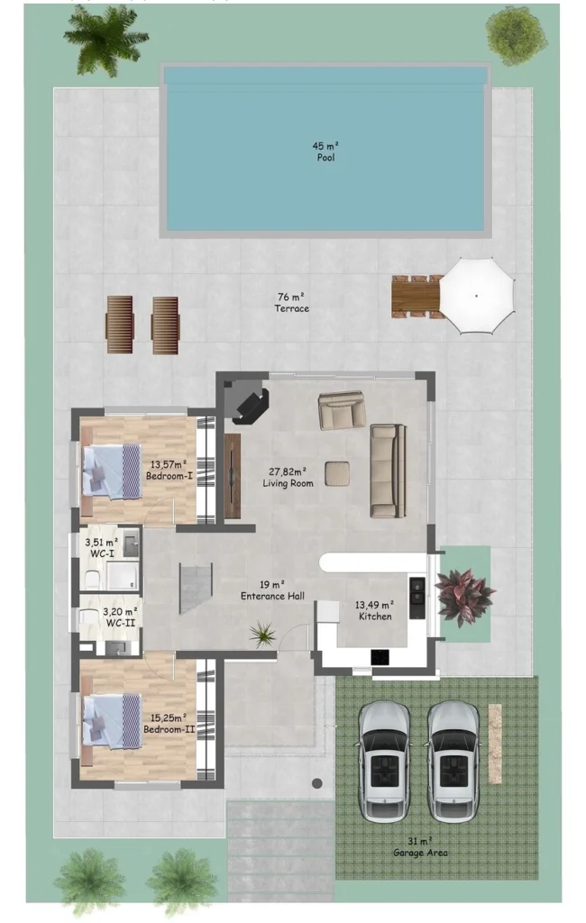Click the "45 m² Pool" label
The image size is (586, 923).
pyautogui.click(x=325, y=151)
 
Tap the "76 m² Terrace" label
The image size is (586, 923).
pyautogui.click(x=291, y=303)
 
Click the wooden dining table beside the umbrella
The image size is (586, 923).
pyautogui.click(x=416, y=296)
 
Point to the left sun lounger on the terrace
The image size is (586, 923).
pyautogui.click(x=120, y=324)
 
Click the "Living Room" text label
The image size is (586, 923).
pyautogui.click(x=288, y=484)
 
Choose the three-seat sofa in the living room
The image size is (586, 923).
pyautogui.click(x=388, y=470)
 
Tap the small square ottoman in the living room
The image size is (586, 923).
pyautogui.click(x=338, y=472)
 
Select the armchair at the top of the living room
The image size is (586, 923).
pyautogui.click(x=342, y=410)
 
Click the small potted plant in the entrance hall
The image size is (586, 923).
pyautogui.click(x=264, y=635)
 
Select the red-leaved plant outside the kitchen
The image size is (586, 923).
pyautogui.click(x=464, y=596)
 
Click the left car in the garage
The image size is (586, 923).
pyautogui.click(x=385, y=761)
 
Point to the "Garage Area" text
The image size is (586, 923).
pyautogui.click(x=419, y=853)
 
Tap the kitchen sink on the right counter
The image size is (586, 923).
pyautogui.click(x=417, y=590)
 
